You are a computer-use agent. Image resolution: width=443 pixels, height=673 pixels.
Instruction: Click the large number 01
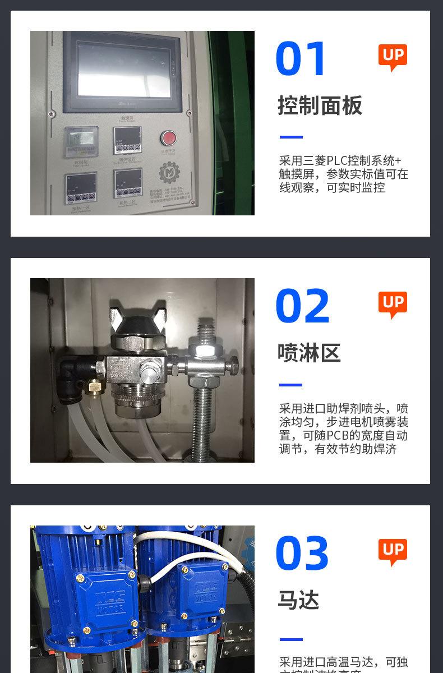[x=301, y=59]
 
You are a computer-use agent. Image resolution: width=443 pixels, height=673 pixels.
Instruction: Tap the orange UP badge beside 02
[x=393, y=305]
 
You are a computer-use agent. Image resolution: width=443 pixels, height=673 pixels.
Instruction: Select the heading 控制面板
[x=320, y=105]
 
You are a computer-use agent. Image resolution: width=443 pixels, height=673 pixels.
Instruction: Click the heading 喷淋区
[x=309, y=353]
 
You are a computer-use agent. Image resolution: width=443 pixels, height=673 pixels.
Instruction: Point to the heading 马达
[x=298, y=600]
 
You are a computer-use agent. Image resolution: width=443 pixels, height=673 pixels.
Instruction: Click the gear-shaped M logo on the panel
[x=168, y=173]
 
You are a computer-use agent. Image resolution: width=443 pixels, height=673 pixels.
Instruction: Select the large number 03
[x=302, y=554]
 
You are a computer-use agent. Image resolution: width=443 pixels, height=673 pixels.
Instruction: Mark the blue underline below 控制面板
[x=291, y=137]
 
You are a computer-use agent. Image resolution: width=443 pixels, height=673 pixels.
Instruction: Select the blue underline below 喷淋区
[x=291, y=385]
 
